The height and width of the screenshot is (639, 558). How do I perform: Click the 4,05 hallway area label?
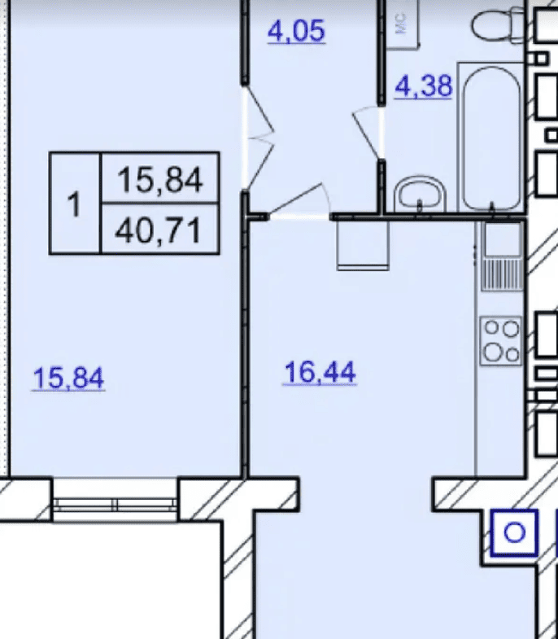pyautogui.click(x=296, y=32)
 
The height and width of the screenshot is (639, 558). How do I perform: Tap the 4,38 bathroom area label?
pyautogui.click(x=424, y=86)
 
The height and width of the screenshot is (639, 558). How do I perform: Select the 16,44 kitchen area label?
pyautogui.click(x=320, y=373)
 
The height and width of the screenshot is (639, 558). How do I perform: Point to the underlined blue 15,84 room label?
pyautogui.click(x=68, y=379)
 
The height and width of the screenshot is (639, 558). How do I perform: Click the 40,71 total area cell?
pyautogui.click(x=159, y=230)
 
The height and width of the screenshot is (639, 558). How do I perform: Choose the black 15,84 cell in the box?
pyautogui.click(x=159, y=179)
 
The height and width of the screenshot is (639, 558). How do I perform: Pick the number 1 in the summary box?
pyautogui.click(x=74, y=204)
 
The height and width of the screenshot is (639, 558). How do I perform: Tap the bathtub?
pyautogui.click(x=491, y=137)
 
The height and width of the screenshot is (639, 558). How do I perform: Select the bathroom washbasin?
pyautogui.click(x=420, y=194)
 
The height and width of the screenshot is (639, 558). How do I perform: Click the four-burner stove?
pyautogui.click(x=501, y=341)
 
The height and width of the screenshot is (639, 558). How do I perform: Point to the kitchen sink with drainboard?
pyautogui.click(x=502, y=256)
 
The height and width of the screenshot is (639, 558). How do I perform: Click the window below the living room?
pyautogui.click(x=116, y=505)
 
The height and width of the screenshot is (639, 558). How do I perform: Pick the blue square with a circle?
pyautogui.click(x=514, y=532)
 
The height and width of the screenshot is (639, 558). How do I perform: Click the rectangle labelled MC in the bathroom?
pyautogui.click(x=403, y=24)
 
